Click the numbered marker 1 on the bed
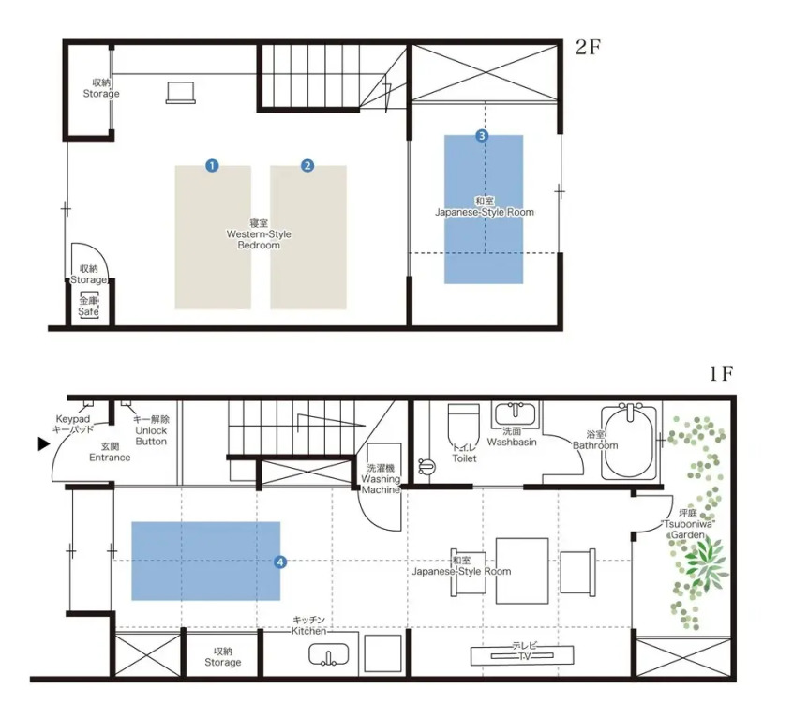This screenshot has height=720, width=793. point(213,165)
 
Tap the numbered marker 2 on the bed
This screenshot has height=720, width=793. point(307,165)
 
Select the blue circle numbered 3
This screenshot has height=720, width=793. point(482,136)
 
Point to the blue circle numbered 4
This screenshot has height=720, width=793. point(279,562)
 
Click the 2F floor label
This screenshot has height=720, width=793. point(588,47)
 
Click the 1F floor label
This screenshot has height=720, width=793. point(721,374)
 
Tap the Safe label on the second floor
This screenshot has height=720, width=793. point(88,311)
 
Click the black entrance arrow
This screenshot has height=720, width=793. point(44,444)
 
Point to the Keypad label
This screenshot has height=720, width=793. point(73,419)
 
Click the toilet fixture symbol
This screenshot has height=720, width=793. point(464,426)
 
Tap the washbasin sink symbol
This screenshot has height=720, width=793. point(516,413)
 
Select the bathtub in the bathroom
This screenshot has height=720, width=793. point(630,442)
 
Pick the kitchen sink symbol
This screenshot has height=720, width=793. point(329,654)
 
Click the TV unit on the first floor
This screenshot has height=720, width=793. point(522,655)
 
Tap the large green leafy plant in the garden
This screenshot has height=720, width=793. point(704,562)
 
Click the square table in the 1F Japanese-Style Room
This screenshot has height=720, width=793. point(522,571)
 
